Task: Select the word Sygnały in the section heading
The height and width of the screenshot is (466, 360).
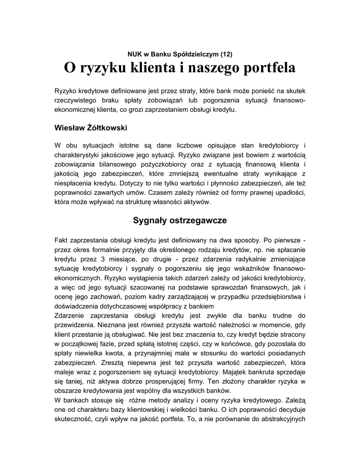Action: (149, 220)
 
